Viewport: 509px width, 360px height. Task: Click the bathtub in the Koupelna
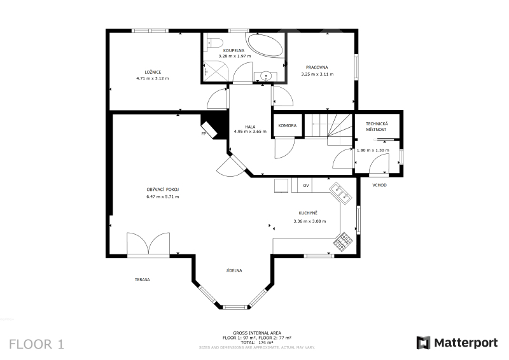[265, 45]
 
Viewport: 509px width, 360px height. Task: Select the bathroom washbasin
[266, 76]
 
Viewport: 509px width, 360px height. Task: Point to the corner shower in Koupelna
[216, 72]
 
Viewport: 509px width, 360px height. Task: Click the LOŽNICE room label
[153, 72]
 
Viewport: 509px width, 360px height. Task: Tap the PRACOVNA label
[317, 67]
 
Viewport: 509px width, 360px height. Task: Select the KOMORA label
[288, 126]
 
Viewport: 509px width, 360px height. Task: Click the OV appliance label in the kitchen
[306, 186]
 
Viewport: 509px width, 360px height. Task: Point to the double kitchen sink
[341, 193]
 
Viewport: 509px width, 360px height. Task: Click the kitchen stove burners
[343, 242]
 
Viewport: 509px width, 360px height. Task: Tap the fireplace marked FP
[209, 130]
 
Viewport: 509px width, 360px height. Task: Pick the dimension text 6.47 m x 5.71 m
[163, 197]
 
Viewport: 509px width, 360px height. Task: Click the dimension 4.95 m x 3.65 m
[250, 132]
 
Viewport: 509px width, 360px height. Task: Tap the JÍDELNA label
[234, 270]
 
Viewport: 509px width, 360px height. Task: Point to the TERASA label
[142, 279]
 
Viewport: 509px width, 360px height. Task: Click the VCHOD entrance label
[379, 185]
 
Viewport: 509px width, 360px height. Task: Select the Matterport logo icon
[423, 343]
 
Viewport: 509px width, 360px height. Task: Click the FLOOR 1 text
[37, 344]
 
